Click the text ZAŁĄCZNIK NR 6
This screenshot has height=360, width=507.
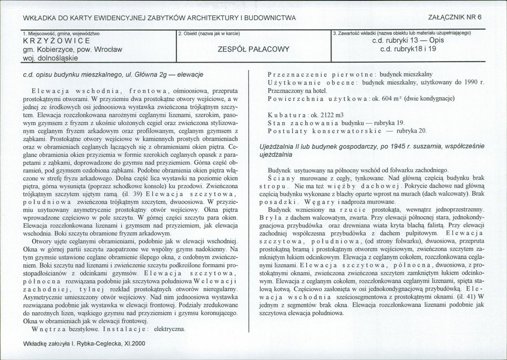point(452,17)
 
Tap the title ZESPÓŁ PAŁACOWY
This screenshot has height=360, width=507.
point(253,49)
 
